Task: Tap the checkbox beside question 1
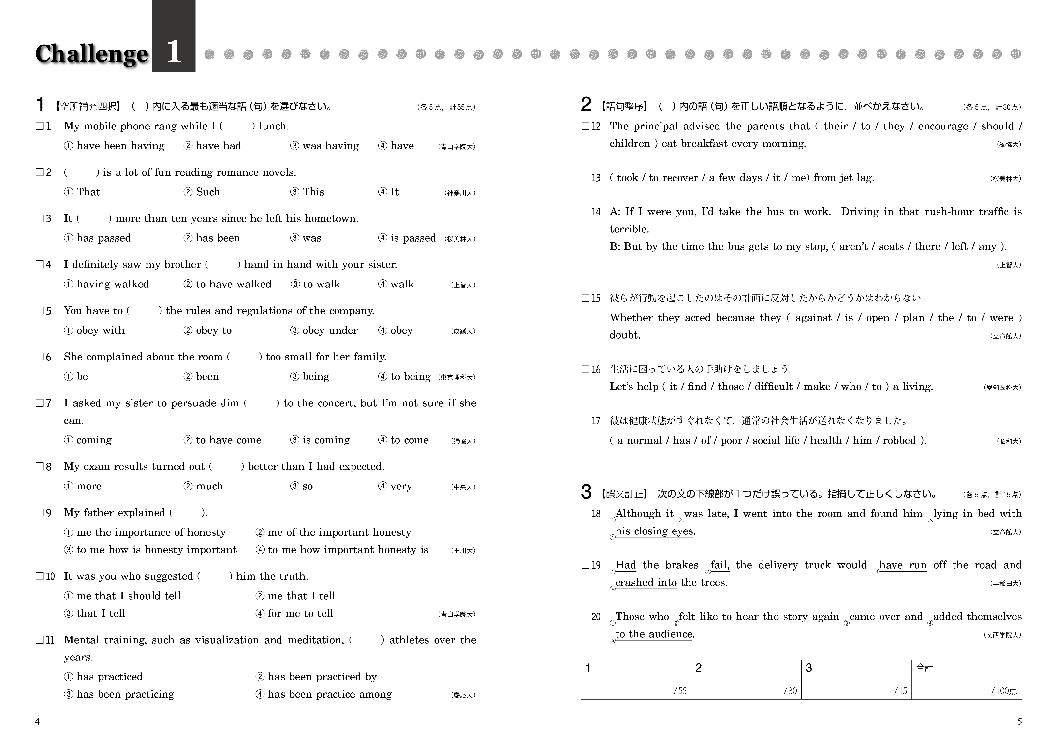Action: (40, 126)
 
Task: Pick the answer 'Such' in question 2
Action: (208, 192)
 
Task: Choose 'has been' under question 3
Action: (218, 238)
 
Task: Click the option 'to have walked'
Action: (234, 284)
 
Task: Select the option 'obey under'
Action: (330, 330)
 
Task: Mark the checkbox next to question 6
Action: (40, 357)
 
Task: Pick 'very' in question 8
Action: (401, 486)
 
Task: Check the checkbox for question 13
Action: (585, 178)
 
